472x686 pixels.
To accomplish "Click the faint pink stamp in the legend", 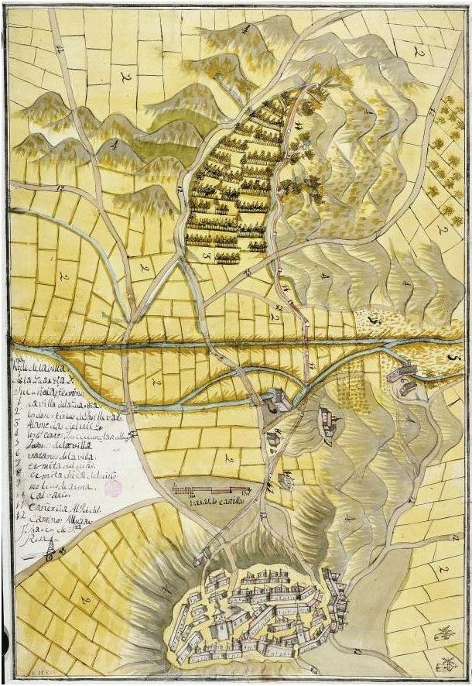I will click(114, 488).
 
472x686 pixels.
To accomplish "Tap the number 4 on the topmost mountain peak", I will click(245, 29).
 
